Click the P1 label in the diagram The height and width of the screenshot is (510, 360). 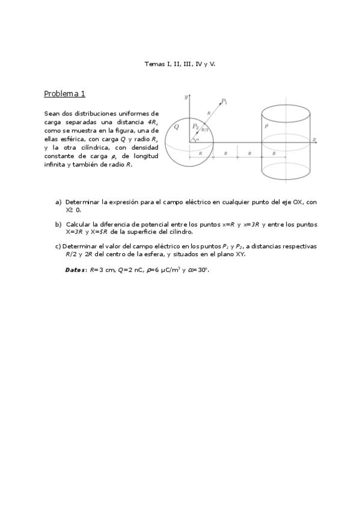point(224,101)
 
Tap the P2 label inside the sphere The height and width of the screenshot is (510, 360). point(195,126)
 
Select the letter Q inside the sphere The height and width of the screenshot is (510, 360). point(176,127)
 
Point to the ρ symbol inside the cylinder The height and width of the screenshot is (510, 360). point(266,126)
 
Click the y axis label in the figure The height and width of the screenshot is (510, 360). point(187,96)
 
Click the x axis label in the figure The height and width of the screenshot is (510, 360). point(314,139)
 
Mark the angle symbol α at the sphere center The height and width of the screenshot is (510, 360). point(197,139)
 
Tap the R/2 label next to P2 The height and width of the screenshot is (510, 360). point(204,129)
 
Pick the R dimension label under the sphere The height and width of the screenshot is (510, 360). point(201,154)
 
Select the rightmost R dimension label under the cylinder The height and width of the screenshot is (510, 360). point(274,154)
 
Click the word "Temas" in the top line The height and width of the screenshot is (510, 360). point(154,63)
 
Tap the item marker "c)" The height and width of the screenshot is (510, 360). point(57,246)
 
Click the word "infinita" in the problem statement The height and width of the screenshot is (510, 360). point(55,164)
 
